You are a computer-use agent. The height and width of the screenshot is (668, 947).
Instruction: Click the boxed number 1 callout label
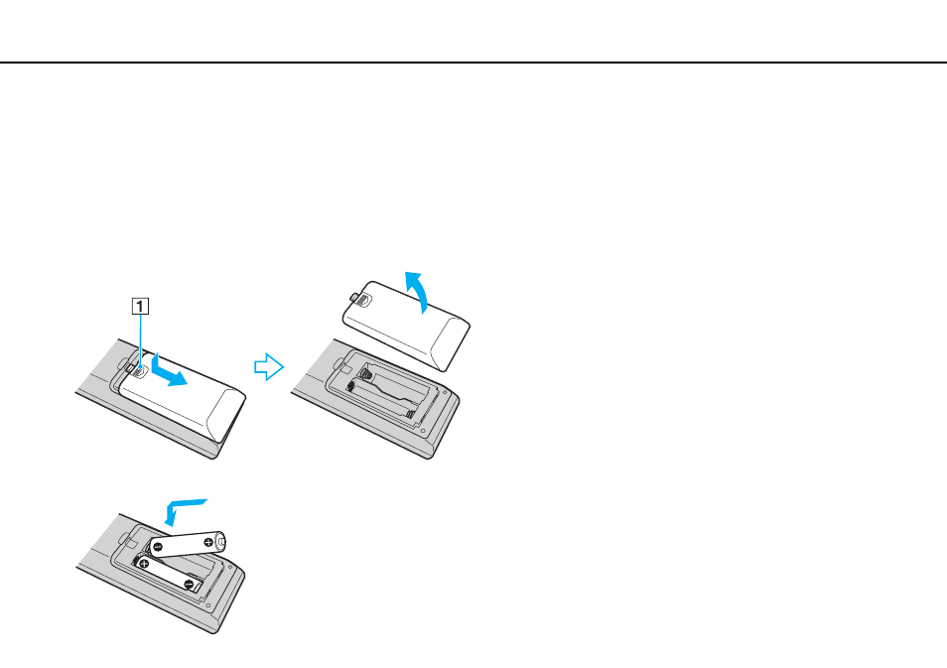(140, 307)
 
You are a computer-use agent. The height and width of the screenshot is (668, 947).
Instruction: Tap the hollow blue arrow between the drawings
(269, 366)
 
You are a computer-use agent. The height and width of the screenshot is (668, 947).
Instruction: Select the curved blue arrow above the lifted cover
(419, 290)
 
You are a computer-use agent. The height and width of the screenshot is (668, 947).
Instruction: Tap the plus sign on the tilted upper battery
(208, 542)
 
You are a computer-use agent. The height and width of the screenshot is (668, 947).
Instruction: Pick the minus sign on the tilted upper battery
(158, 547)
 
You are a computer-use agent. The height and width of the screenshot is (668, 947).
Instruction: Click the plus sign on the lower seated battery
(144, 564)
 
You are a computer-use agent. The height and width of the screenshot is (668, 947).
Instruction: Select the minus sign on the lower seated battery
(190, 585)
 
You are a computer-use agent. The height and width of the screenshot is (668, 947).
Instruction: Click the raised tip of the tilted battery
(222, 541)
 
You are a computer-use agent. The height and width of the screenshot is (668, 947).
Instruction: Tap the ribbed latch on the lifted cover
(360, 299)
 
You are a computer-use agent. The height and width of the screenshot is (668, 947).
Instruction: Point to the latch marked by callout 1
(139, 370)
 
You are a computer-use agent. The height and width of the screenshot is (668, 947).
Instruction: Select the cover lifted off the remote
(406, 325)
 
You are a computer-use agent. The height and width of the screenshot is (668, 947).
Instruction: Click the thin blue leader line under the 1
(140, 340)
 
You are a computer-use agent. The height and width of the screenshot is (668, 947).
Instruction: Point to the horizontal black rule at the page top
(473, 63)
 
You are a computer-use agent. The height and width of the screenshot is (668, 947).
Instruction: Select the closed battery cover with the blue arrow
(183, 396)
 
